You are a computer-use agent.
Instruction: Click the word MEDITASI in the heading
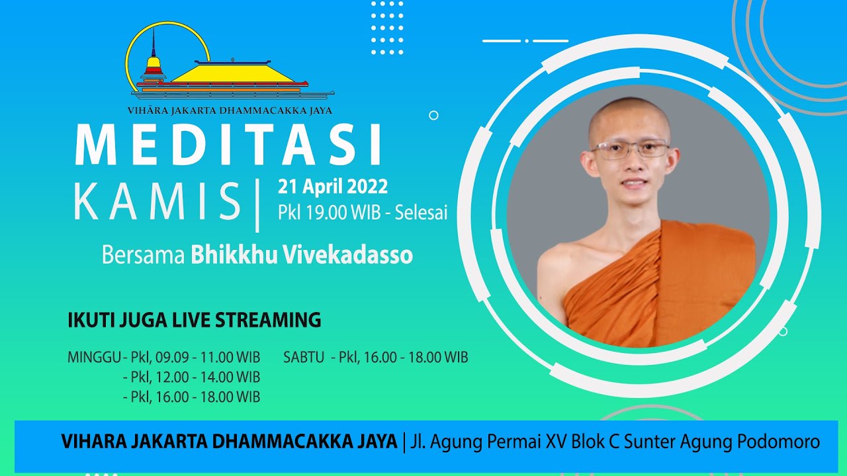[x=228, y=145]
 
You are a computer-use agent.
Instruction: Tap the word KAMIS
[x=157, y=201]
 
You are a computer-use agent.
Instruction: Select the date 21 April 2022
[x=333, y=187]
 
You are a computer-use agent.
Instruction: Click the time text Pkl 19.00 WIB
[x=330, y=213]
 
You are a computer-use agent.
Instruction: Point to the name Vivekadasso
[x=348, y=255]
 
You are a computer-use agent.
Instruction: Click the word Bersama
[x=144, y=255]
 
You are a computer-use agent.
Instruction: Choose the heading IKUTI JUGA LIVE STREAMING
[x=195, y=320]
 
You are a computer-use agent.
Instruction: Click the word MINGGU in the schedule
[x=94, y=358]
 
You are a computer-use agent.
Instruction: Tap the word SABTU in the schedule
[x=304, y=358]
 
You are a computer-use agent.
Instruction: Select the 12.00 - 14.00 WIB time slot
[x=208, y=377]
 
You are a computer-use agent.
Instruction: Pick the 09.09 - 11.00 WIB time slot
[x=208, y=358]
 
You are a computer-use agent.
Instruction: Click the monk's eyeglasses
[x=630, y=149]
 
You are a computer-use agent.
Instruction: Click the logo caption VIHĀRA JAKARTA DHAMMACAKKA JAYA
[x=230, y=110]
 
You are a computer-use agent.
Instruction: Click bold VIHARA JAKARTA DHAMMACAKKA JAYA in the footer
[x=229, y=441]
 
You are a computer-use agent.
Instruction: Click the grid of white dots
[x=387, y=28]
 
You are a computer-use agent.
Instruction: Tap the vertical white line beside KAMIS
[x=257, y=206]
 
